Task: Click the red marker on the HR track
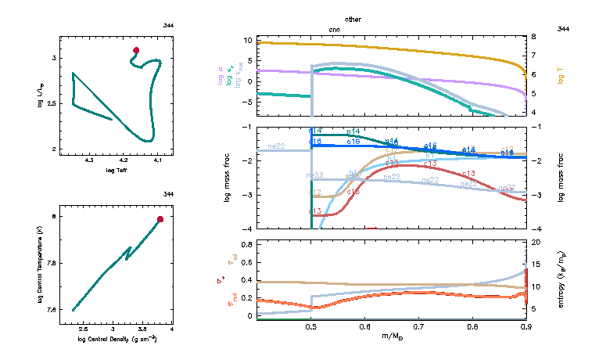click(136, 50)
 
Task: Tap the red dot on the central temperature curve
click(160, 219)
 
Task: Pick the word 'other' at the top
click(353, 18)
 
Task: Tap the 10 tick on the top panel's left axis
click(247, 39)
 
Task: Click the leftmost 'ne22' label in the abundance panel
click(275, 146)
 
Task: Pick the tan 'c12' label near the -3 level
click(316, 192)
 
